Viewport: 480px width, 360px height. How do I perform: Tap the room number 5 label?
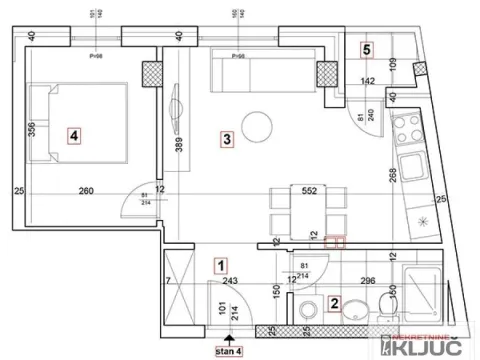[x=367, y=48]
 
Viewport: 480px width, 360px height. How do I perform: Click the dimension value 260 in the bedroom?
[x=87, y=190]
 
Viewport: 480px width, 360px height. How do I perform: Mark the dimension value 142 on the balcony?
[x=368, y=82]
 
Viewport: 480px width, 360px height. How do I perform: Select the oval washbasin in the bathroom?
[x=353, y=318]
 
